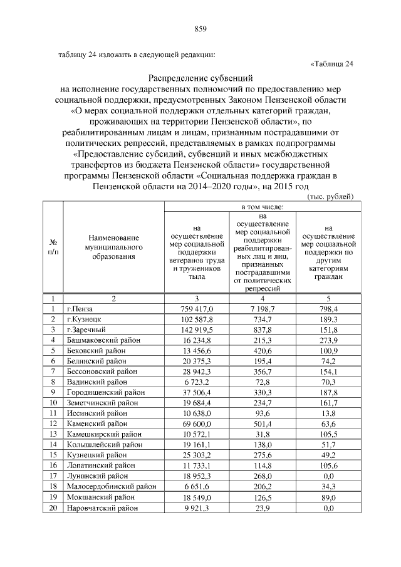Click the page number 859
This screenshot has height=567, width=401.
tap(200, 29)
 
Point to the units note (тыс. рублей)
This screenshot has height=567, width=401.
tap(330, 196)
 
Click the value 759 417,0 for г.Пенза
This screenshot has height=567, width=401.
tap(197, 309)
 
